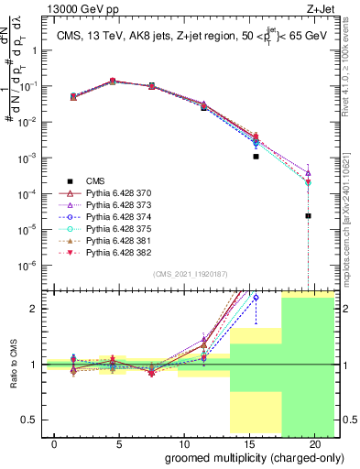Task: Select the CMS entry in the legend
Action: [x=96, y=183]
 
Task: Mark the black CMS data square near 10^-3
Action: [x=256, y=157]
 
